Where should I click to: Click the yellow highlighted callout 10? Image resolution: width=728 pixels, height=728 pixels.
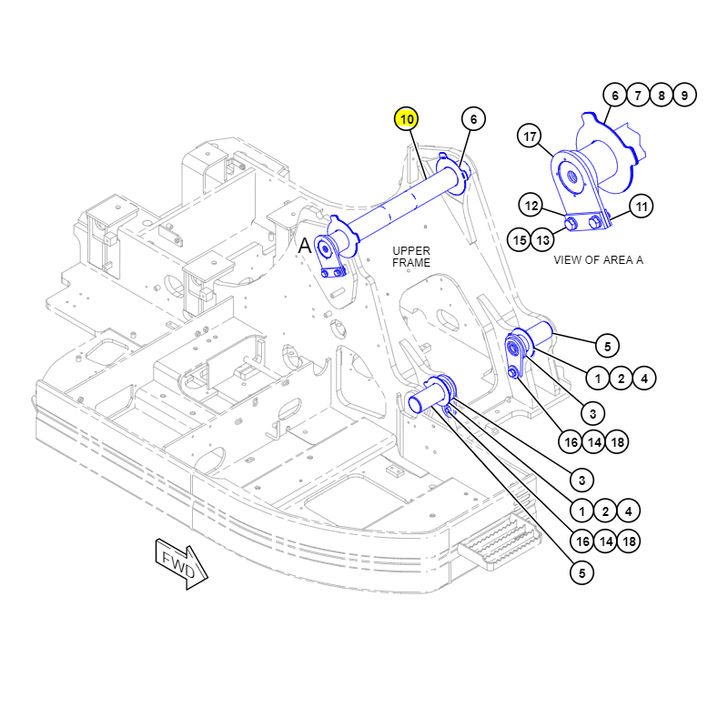point(407,119)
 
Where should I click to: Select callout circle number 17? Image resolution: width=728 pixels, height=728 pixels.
point(530,137)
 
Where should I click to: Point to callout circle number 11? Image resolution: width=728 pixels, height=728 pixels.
point(642,207)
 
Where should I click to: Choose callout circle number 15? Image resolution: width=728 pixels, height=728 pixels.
point(520,240)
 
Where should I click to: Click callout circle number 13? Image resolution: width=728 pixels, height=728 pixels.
point(543,240)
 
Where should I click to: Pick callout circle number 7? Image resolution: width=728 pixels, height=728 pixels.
point(638,95)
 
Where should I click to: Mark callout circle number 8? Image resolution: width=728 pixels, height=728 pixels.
point(662,95)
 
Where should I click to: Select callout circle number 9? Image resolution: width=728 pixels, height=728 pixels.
point(685,95)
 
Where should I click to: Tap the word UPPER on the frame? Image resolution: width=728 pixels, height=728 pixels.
point(411,250)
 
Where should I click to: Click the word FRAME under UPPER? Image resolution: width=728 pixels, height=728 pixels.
point(411,263)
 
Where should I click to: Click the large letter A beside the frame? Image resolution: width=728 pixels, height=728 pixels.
point(305,245)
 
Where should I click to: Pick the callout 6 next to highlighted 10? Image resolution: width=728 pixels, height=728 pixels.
point(472,119)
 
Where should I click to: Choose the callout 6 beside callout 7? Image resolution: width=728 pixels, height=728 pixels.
point(614,95)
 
